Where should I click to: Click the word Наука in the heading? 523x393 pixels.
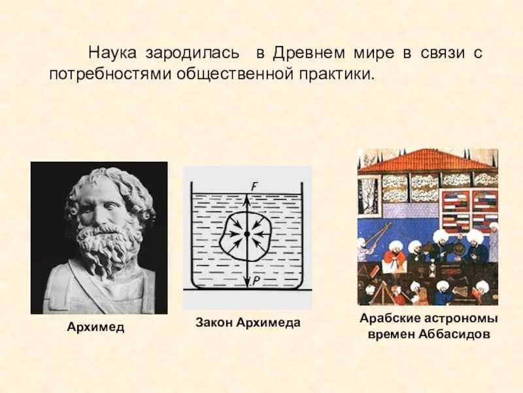point(110,52)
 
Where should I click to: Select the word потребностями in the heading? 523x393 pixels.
point(108,73)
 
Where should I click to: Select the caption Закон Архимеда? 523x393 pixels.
point(248,323)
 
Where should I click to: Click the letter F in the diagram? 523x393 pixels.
point(254,186)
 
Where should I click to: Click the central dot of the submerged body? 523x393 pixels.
point(246,234)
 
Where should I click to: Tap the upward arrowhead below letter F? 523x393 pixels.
point(246,195)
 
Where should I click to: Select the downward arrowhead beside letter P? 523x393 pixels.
point(246,283)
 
